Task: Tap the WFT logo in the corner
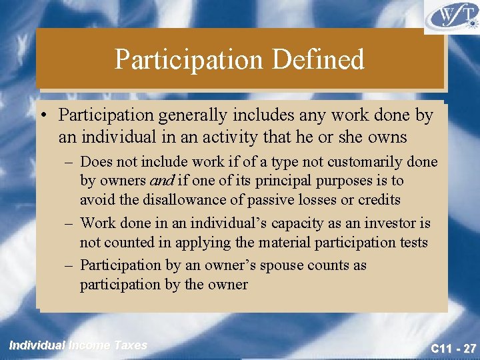pos(451,17)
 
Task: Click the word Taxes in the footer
pos(130,345)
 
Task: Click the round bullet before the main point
pos(44,116)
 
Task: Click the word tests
pos(413,242)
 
